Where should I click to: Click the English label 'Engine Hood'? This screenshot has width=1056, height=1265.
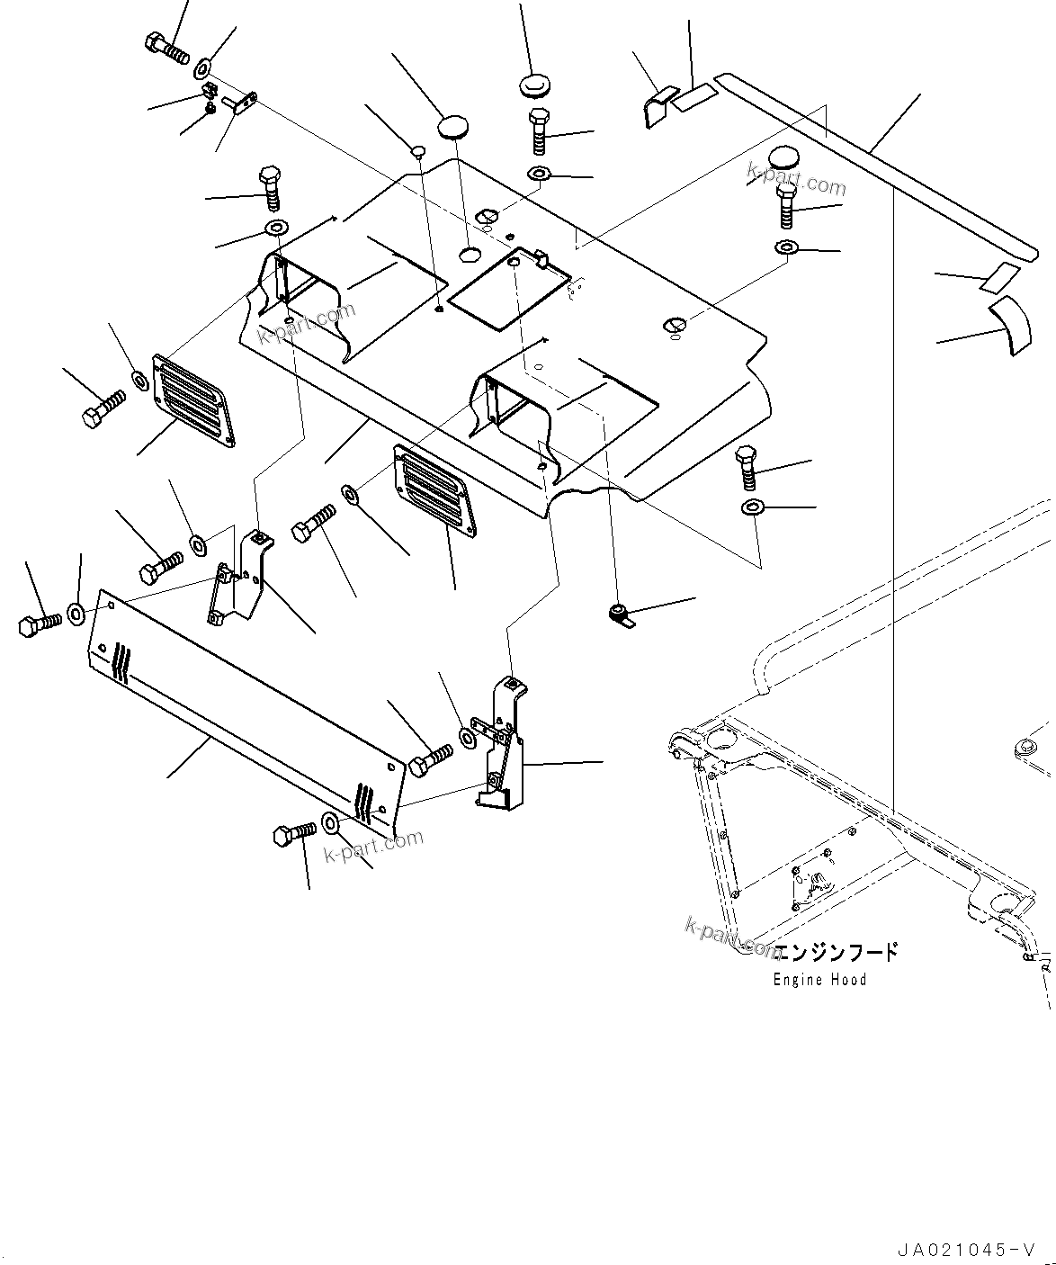tap(819, 980)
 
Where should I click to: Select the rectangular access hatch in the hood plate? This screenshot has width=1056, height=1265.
tap(509, 289)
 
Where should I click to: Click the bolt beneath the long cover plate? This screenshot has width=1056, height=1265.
tap(294, 833)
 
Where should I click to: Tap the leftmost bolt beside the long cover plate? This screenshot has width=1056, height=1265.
tap(39, 623)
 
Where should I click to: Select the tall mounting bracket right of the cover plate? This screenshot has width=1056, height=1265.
tap(500, 742)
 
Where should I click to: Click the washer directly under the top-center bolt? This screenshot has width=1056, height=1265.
tap(539, 173)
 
